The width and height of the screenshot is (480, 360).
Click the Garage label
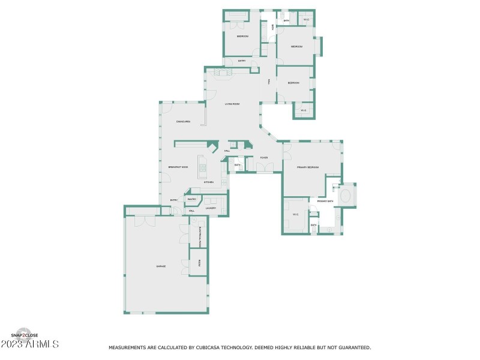[x=161, y=266]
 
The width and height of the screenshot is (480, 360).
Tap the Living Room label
[x=232, y=104]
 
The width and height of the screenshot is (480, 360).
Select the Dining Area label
[x=184, y=122]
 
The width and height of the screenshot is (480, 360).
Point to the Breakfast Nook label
[x=178, y=167]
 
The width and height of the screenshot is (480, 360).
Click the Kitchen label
[x=209, y=182]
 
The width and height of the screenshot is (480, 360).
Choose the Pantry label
[x=192, y=199]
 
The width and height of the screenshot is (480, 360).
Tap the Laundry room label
[x=211, y=208]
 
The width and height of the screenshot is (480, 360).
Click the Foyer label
[x=263, y=158]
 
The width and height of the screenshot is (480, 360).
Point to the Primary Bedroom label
[x=308, y=167]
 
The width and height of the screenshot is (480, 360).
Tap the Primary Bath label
[x=325, y=201]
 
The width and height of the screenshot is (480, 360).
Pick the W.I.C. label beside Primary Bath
[x=295, y=215]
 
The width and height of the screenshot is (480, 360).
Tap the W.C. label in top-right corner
[x=306, y=20]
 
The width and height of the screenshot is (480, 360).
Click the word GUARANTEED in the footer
[x=352, y=347]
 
